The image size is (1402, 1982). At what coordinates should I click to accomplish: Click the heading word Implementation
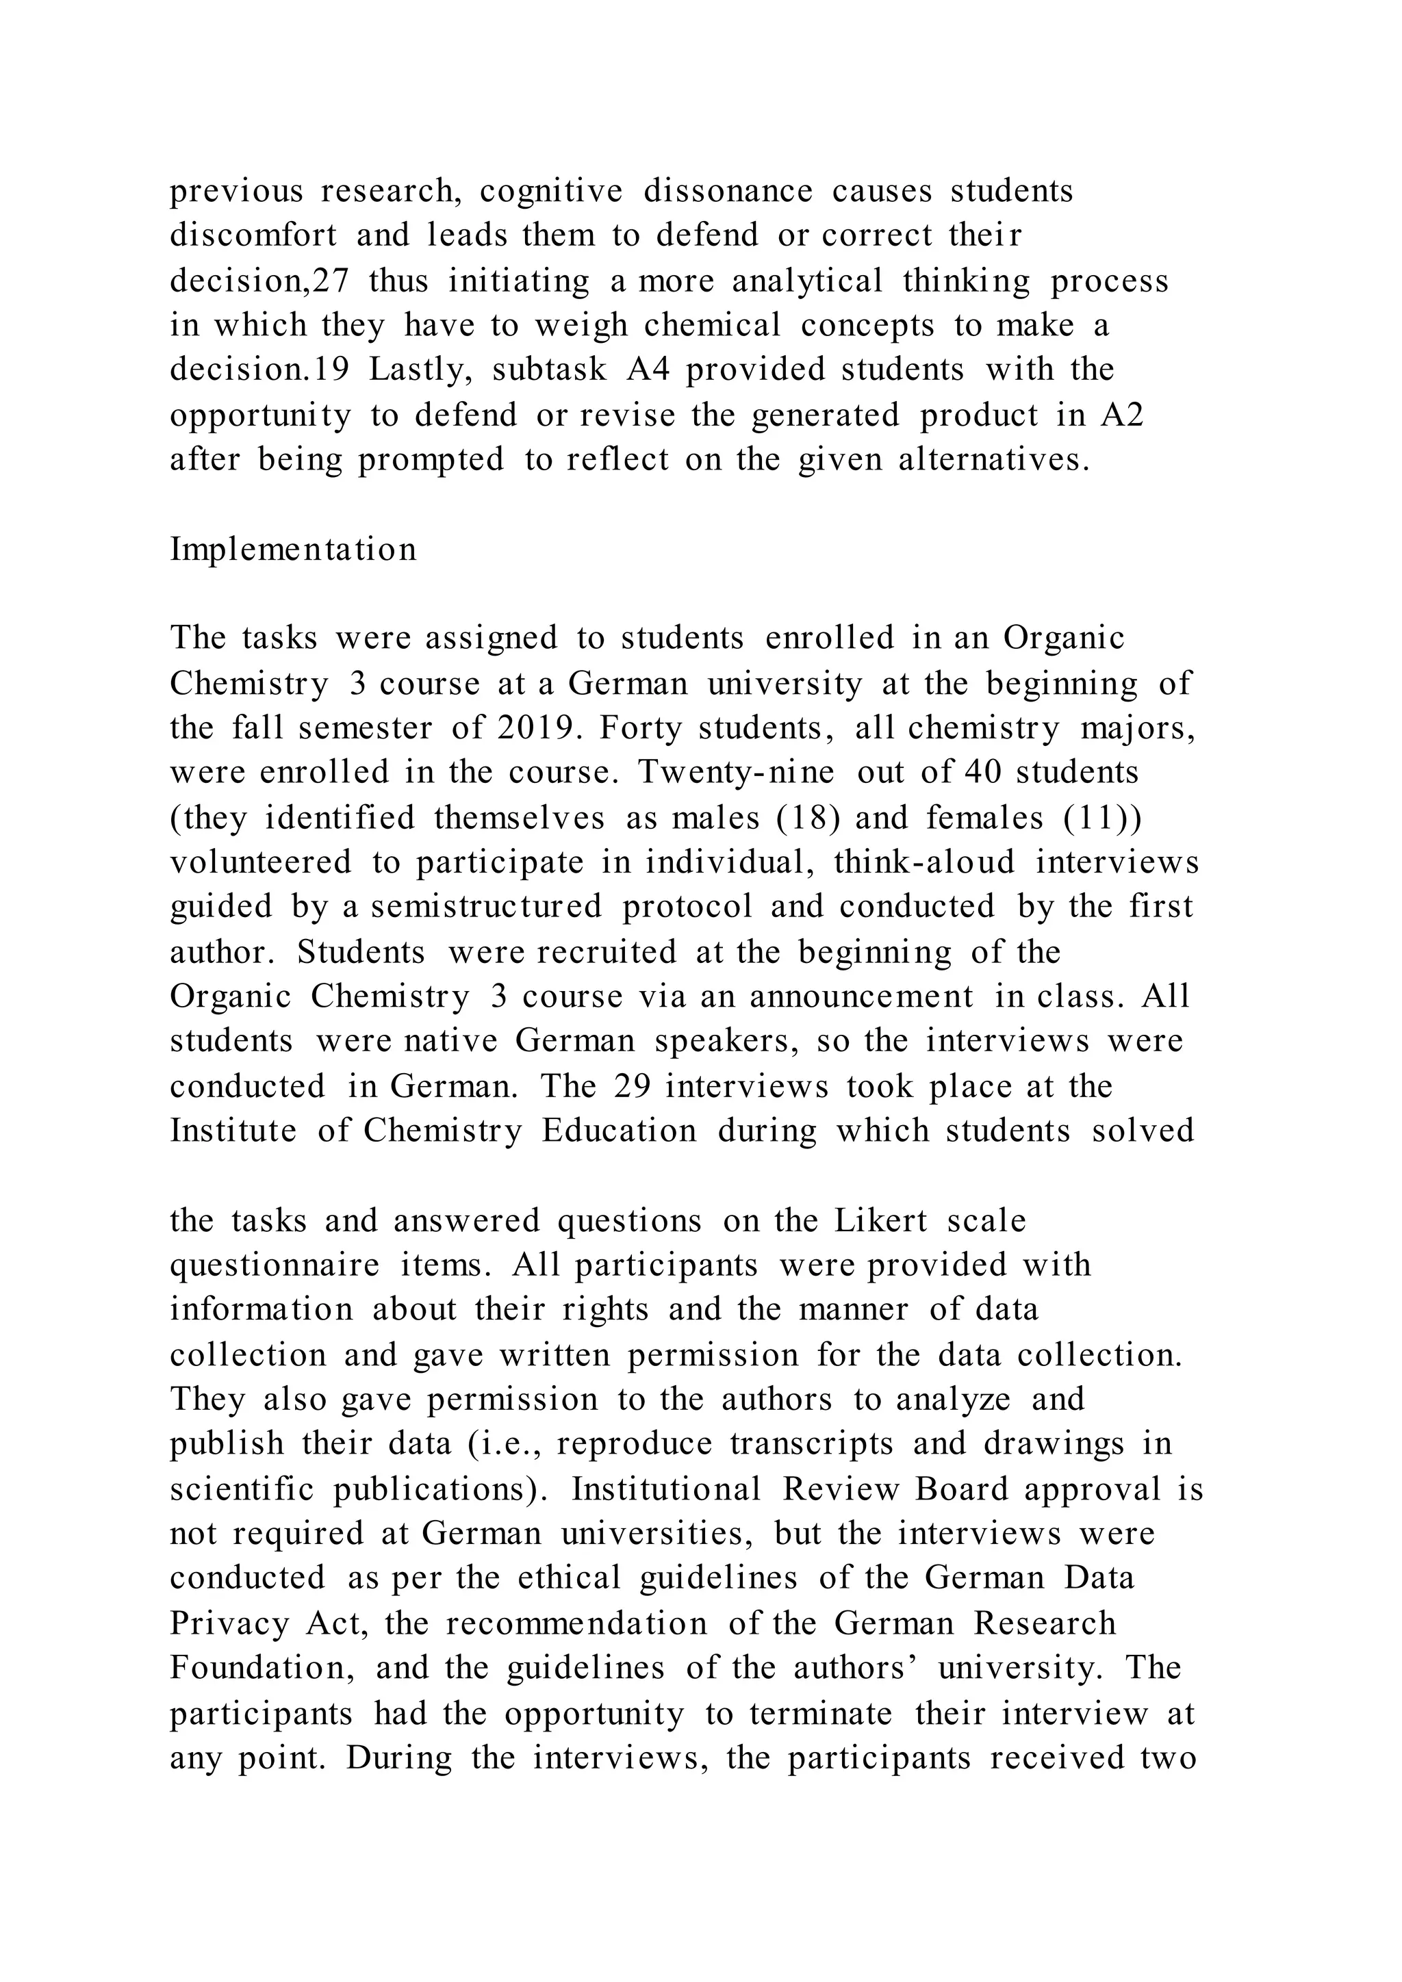click(293, 549)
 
